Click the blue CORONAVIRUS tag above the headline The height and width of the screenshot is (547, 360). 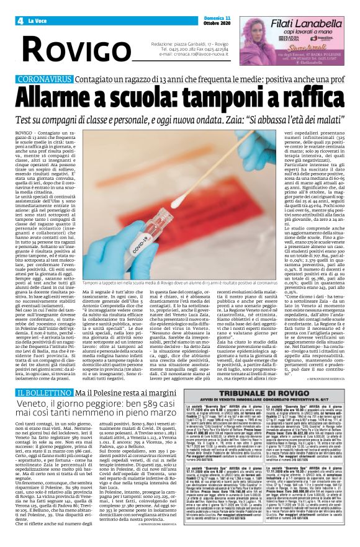coord(45,80)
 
